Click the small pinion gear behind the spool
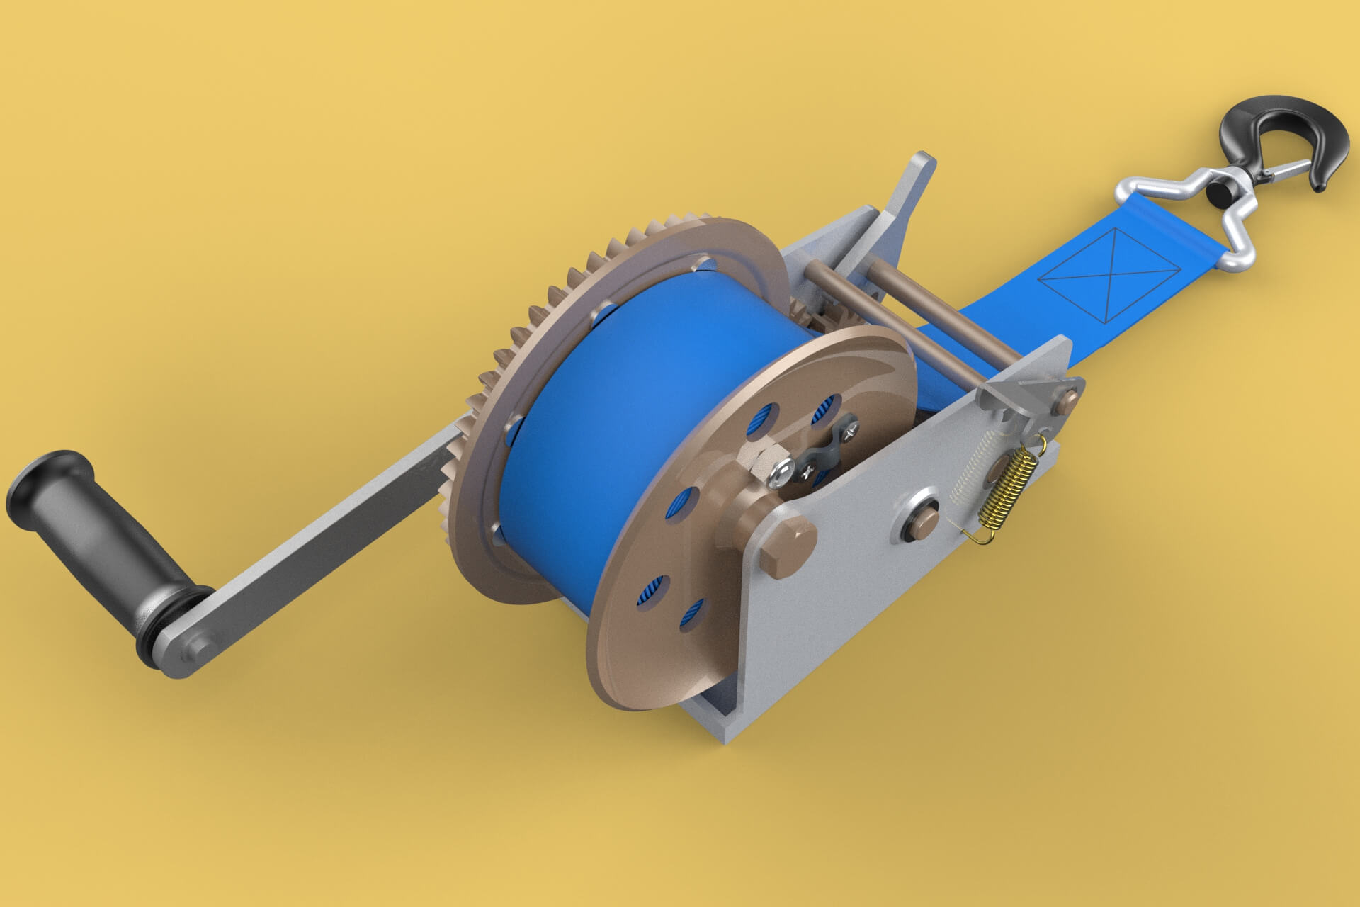(807, 312)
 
